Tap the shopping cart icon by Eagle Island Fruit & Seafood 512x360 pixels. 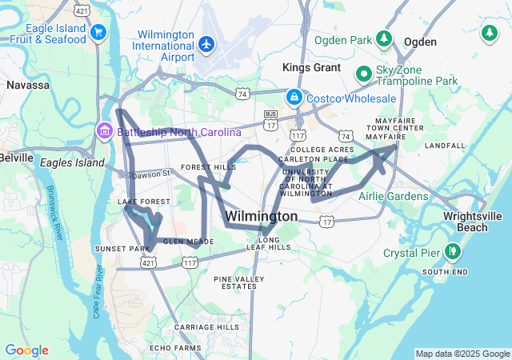click(x=98, y=32)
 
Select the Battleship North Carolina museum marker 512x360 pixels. click(x=104, y=130)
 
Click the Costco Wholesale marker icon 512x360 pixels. click(x=294, y=98)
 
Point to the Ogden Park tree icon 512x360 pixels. click(x=385, y=38)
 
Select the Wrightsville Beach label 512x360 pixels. click(x=474, y=222)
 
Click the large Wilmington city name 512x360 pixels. click(x=262, y=217)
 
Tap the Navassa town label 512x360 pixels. click(x=28, y=84)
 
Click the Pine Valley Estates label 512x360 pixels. click(x=238, y=282)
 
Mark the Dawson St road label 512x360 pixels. click(x=151, y=174)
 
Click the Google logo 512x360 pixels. click(x=26, y=350)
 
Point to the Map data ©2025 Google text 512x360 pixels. click(x=462, y=354)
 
